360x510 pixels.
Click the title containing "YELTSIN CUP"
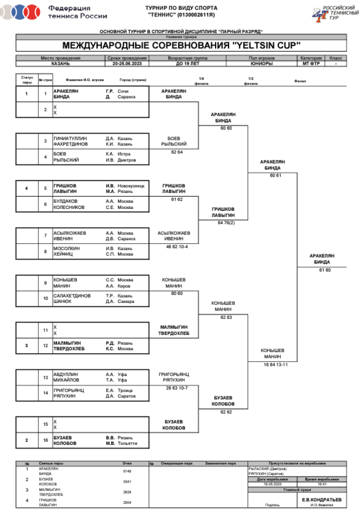coord(181,46)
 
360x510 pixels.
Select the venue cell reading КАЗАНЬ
coord(61,63)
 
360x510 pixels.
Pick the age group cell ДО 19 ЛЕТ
coord(187,63)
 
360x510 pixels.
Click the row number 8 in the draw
coord(46,251)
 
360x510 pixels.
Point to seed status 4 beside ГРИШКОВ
coord(26,188)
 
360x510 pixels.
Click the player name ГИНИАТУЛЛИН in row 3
coord(70,138)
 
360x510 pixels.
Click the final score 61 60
coord(325,270)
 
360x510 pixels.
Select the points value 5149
coord(127,471)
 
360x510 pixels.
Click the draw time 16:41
coord(322,484)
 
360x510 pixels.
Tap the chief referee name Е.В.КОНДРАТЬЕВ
coord(322,499)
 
